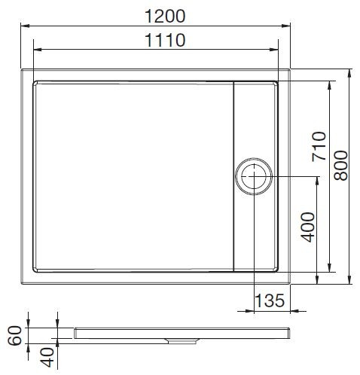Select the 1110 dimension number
[x=162, y=41]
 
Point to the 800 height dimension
[x=341, y=163]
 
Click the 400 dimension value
[x=307, y=226]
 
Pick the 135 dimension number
[x=270, y=300]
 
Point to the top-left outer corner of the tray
[x=22, y=72]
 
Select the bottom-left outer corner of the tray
[x=22, y=284]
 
